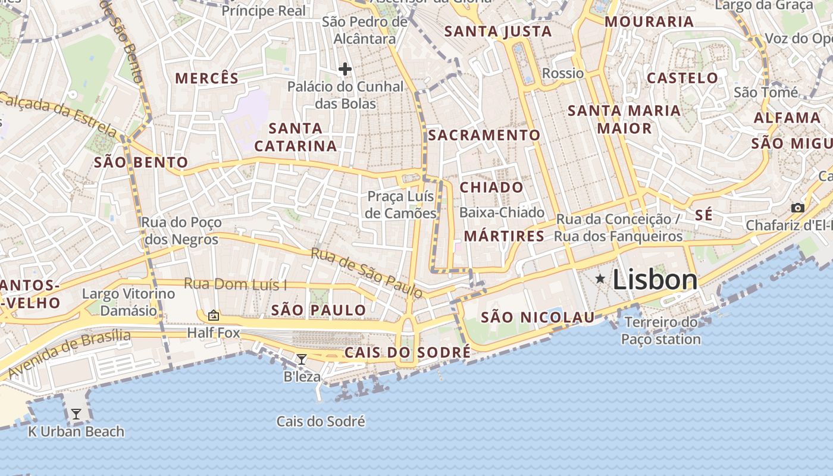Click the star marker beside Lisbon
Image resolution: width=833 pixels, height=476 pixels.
click(x=600, y=278)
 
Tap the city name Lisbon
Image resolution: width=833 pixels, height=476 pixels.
click(x=654, y=280)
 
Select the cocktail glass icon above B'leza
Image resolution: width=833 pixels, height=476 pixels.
click(x=302, y=359)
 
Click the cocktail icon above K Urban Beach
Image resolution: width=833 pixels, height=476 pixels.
click(x=76, y=414)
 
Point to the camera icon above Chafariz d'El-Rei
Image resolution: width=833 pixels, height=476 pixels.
click(x=797, y=208)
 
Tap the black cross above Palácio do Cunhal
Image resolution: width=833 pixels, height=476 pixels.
click(x=345, y=69)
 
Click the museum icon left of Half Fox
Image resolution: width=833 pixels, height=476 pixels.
click(x=213, y=315)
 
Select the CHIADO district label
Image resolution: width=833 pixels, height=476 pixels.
click(x=492, y=187)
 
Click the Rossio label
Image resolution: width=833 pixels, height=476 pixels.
click(x=563, y=73)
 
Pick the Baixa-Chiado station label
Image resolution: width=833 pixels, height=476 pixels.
click(x=502, y=212)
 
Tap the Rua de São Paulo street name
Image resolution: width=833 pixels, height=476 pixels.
click(x=367, y=273)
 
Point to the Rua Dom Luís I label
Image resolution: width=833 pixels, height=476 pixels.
click(x=235, y=284)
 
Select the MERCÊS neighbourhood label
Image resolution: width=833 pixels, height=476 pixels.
click(x=207, y=78)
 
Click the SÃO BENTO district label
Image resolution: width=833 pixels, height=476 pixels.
click(x=141, y=162)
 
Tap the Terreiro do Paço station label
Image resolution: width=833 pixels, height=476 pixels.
click(x=661, y=331)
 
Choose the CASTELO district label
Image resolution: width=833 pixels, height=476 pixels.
click(x=682, y=78)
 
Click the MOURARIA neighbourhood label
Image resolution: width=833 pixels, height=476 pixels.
click(x=649, y=22)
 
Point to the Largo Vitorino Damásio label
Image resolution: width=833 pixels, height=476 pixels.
click(x=129, y=302)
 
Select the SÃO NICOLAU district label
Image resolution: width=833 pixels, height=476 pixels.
click(x=538, y=317)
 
